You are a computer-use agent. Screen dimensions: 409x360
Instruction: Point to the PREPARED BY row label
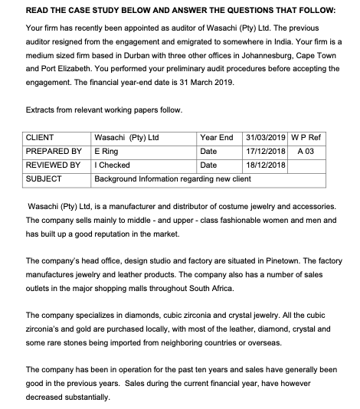54,152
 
